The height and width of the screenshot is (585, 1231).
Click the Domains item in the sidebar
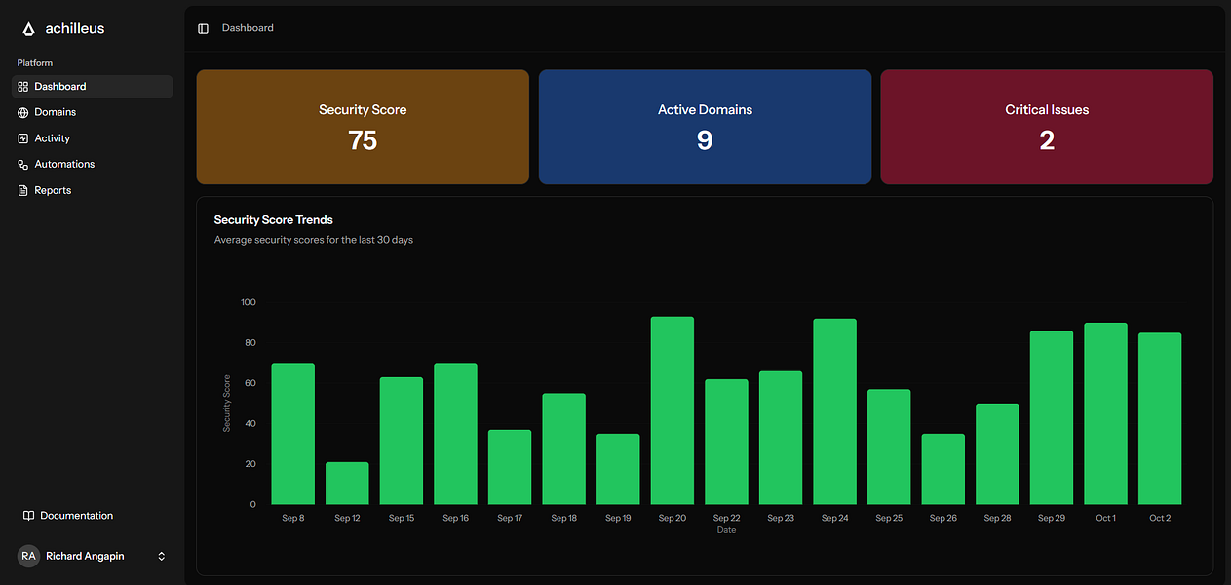(55, 112)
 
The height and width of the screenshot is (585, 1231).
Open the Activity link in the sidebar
(52, 138)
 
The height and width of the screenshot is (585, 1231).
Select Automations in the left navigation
(64, 164)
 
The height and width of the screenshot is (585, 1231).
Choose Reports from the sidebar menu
(53, 190)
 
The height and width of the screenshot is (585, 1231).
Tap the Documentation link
(76, 516)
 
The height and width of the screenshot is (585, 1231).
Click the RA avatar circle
(28, 556)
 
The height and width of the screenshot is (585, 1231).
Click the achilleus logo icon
(28, 29)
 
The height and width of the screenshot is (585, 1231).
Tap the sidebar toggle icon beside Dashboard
(203, 29)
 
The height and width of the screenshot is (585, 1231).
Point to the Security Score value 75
(363, 140)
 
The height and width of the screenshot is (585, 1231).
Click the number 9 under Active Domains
(705, 140)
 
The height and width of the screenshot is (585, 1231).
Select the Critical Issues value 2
(1047, 140)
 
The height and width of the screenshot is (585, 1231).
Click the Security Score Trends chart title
(273, 220)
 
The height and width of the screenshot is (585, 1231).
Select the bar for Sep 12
(347, 484)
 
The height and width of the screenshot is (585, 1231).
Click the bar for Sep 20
(673, 410)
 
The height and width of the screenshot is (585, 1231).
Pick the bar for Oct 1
(1105, 413)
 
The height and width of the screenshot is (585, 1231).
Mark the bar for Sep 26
(942, 469)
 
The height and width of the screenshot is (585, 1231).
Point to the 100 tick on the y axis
(248, 302)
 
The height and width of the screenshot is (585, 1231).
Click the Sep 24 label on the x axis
(834, 518)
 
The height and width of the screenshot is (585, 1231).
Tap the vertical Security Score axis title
(227, 403)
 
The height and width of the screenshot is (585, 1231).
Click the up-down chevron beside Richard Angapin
(162, 556)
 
